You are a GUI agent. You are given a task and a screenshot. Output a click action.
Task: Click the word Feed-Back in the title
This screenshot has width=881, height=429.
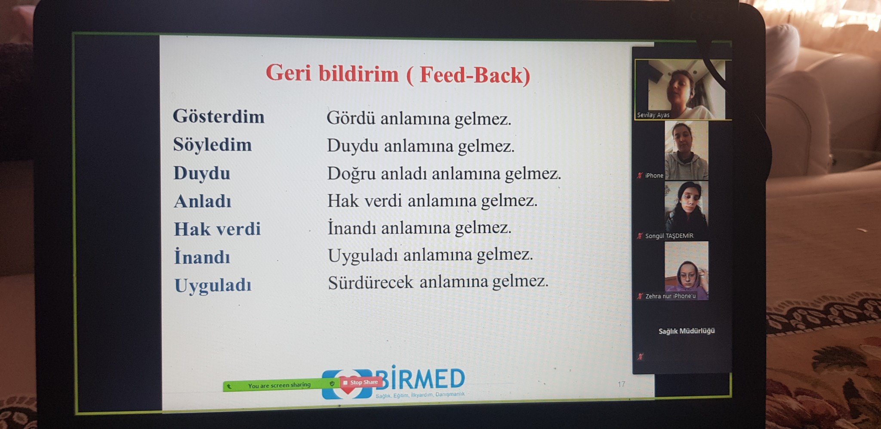(474, 75)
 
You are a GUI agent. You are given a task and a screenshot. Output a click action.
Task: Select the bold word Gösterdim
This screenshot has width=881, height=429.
(219, 116)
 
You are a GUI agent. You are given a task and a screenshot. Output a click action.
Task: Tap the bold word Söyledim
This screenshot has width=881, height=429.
(213, 145)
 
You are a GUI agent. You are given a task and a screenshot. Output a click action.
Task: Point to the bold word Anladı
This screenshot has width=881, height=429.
(203, 201)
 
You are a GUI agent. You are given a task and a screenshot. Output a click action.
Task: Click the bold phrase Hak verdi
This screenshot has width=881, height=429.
(217, 229)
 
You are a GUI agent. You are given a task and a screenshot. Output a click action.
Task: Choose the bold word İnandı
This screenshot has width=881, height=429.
(202, 257)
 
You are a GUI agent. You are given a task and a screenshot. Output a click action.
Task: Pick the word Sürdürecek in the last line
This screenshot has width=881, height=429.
(370, 283)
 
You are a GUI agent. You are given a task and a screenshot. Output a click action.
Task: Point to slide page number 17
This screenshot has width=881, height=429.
(621, 384)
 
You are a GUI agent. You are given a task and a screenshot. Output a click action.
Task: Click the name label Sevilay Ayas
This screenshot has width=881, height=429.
(653, 115)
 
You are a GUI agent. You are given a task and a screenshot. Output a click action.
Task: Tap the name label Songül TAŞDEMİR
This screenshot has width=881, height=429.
(669, 236)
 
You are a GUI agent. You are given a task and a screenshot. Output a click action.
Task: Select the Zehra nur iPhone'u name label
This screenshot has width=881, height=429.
(670, 296)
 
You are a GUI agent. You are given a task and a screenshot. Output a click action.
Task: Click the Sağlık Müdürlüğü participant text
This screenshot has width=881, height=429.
(687, 331)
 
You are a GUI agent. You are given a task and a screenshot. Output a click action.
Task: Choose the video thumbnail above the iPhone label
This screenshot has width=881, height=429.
(686, 150)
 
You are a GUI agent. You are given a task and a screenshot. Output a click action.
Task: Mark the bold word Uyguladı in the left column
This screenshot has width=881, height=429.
(213, 286)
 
